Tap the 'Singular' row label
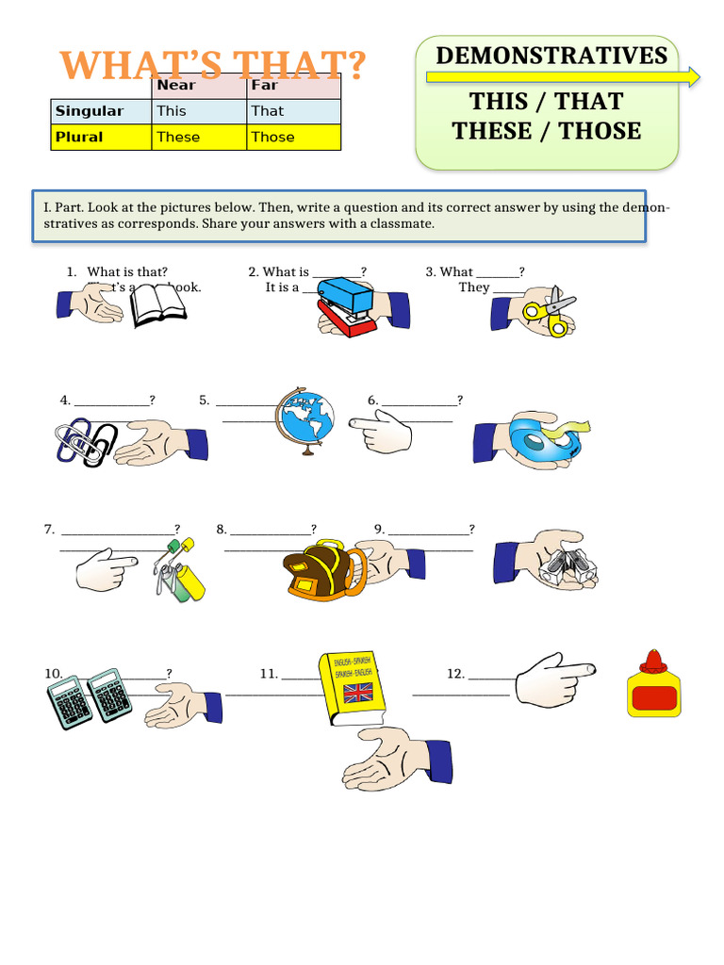(x=90, y=111)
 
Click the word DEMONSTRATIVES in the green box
(x=551, y=56)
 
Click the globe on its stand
(x=304, y=419)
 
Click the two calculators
(x=89, y=696)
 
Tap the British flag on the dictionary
(x=358, y=695)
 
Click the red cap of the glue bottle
(x=653, y=662)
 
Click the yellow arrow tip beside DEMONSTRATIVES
(x=695, y=77)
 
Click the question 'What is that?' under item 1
(x=127, y=271)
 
